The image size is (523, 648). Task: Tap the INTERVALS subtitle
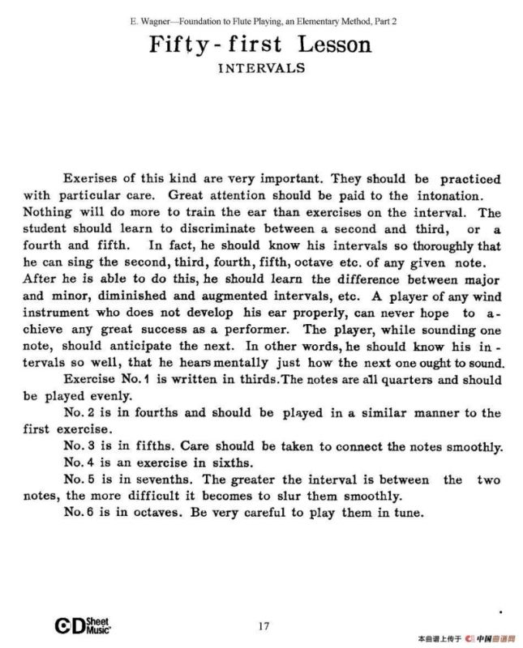[261, 68]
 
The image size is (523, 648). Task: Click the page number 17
[263, 625]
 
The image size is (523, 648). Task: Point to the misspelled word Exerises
[89, 179]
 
